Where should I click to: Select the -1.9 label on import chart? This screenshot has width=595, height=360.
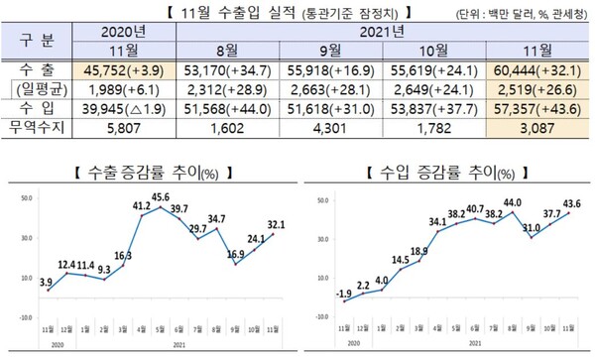(x=342, y=293)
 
